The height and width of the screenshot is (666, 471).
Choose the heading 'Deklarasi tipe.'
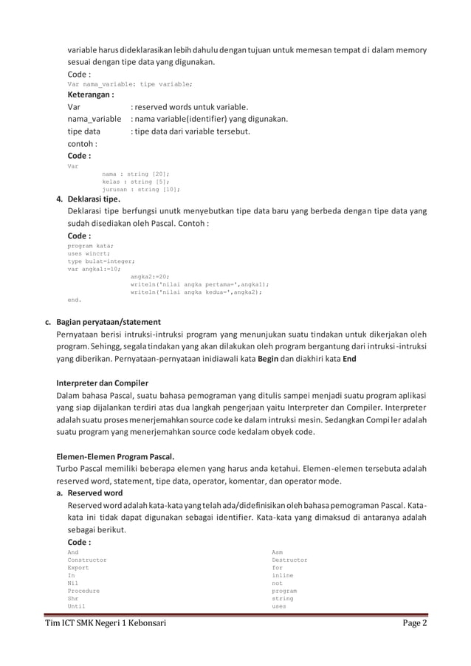pyautogui.click(x=95, y=199)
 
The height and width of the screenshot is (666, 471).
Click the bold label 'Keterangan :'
pyautogui.click(x=90, y=95)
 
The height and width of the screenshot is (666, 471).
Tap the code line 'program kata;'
pyautogui.click(x=90, y=246)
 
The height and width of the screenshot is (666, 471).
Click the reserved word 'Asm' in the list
pyautogui.click(x=277, y=552)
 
